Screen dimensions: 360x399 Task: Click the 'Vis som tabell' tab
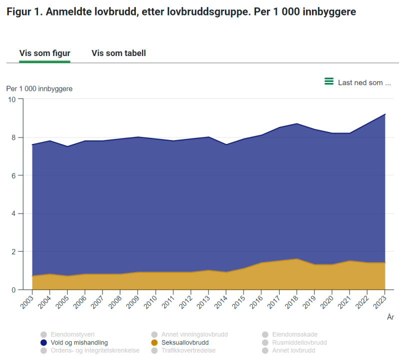pos(118,53)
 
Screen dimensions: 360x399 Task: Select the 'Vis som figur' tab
pos(44,53)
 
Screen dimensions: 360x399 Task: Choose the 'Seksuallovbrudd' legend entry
pos(185,342)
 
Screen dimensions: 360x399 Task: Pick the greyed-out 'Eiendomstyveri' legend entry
pos(72,334)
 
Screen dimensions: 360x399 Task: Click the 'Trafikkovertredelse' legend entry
pos(188,350)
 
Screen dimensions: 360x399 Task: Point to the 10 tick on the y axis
pos(12,99)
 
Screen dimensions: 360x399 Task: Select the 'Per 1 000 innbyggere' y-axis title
pos(39,88)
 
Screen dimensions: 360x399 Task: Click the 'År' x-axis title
pos(390,317)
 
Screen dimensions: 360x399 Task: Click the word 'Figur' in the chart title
pos(19,12)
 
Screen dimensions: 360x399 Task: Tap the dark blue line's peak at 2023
pos(385,114)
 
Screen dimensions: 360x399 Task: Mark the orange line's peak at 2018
pos(296,259)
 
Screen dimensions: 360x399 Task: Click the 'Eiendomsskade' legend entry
pos(295,334)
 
